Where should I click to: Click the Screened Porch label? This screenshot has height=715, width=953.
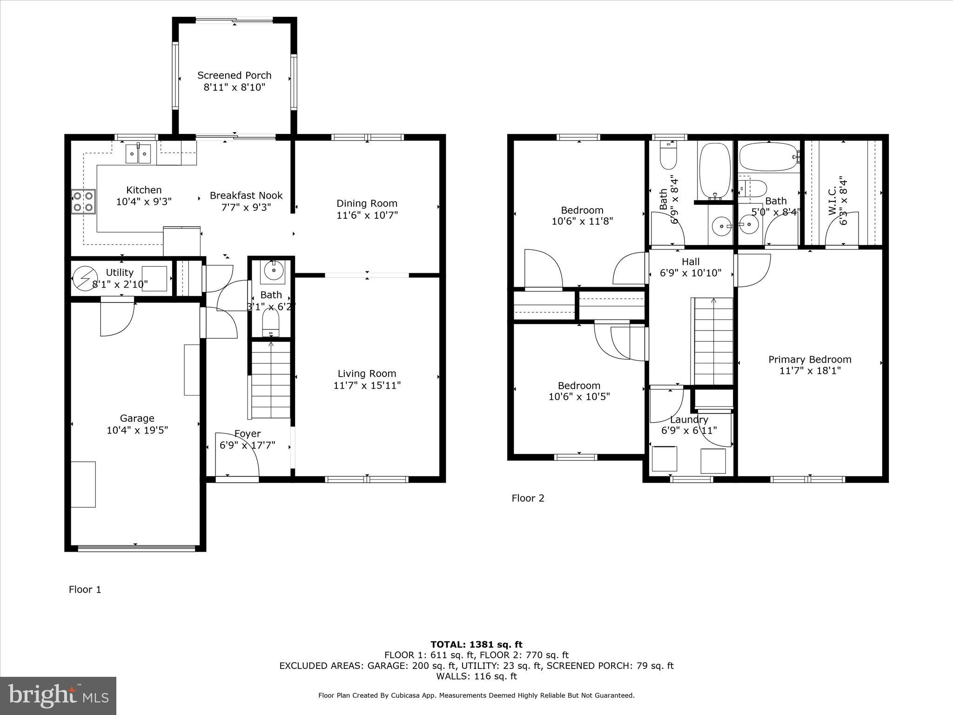(x=234, y=75)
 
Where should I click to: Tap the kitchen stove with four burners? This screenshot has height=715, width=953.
(x=83, y=201)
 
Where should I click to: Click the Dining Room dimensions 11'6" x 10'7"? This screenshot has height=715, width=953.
(x=367, y=215)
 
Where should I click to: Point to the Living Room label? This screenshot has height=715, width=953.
(x=367, y=373)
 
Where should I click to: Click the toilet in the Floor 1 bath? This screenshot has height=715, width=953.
(x=270, y=322)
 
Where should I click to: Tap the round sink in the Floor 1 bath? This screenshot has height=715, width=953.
(x=273, y=270)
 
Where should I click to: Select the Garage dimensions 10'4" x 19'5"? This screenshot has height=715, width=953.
(x=137, y=430)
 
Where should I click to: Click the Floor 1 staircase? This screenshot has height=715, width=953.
(x=271, y=379)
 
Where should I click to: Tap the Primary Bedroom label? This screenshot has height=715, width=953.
(x=810, y=359)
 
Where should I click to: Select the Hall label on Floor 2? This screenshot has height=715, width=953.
(x=691, y=262)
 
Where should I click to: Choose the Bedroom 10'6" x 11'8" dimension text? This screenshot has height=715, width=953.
(x=582, y=222)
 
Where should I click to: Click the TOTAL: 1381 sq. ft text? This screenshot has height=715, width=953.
(x=476, y=645)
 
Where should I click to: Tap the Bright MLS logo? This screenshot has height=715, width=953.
(x=58, y=695)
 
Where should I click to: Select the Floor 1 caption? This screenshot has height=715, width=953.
(x=85, y=589)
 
